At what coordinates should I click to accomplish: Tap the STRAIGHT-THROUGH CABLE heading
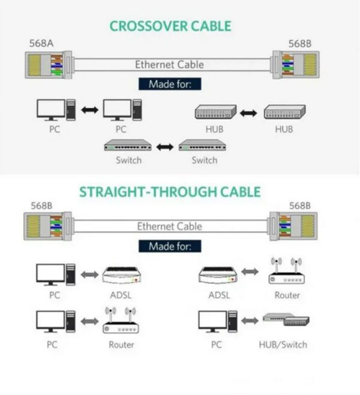point(170,192)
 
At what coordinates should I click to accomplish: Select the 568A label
point(41,44)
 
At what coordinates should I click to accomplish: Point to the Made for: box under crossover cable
point(170,85)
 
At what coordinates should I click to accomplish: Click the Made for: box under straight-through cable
point(170,246)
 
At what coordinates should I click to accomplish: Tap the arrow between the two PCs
point(89,110)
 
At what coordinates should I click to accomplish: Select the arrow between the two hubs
point(248,112)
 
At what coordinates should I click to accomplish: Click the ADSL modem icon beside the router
point(217,275)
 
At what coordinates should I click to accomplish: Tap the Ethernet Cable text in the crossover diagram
point(169,64)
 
